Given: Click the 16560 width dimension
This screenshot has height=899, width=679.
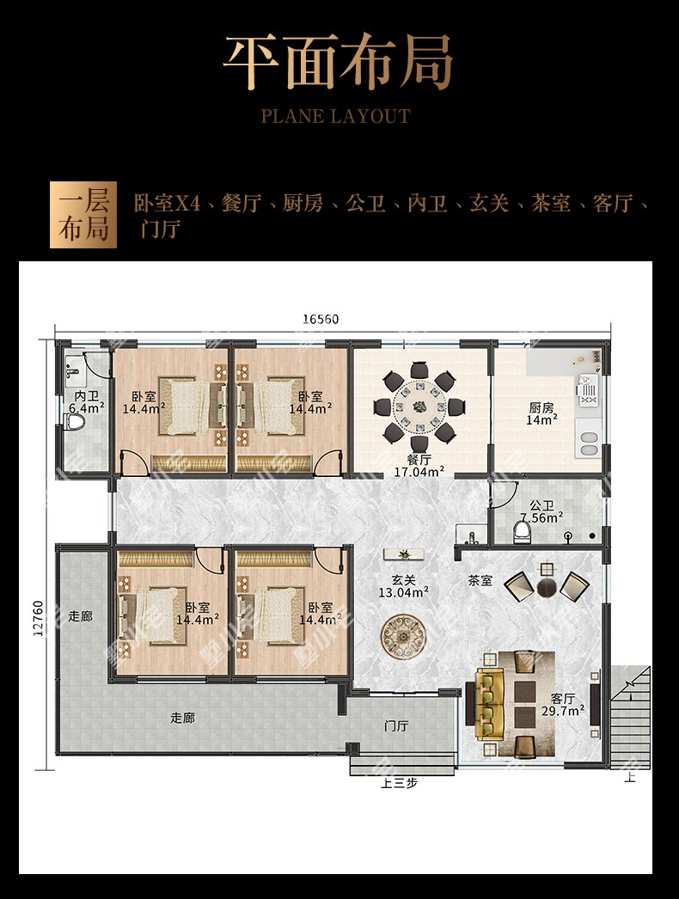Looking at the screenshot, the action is pos(321,319).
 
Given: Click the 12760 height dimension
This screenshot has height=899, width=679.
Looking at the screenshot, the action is pos(38,619).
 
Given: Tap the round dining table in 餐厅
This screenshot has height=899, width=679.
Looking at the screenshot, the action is pos(419,407).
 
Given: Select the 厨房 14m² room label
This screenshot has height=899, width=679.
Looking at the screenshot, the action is pos(541,413).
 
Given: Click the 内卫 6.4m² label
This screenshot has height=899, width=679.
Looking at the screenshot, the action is pos(87,401).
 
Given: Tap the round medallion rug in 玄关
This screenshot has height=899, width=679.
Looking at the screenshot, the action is pos(404,637).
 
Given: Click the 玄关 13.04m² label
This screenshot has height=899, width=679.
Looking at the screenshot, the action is pos(404,586).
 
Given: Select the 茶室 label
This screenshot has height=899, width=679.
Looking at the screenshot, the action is pos(480,581).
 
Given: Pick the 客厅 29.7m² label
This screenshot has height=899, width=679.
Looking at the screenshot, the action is pos(563,705).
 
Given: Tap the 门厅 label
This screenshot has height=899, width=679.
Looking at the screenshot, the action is pos(396,726).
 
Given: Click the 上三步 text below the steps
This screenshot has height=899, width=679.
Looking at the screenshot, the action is pos(399,783).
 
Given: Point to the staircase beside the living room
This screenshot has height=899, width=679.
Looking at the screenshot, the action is pos(630,717).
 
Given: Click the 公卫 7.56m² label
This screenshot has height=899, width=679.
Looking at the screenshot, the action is pos(541,511).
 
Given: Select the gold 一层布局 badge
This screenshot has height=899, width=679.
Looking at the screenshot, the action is pos(83,215).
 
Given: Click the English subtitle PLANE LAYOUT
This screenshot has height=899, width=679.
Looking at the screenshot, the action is pos(336,116).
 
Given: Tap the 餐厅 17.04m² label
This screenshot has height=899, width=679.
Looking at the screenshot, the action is pos(419,466).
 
